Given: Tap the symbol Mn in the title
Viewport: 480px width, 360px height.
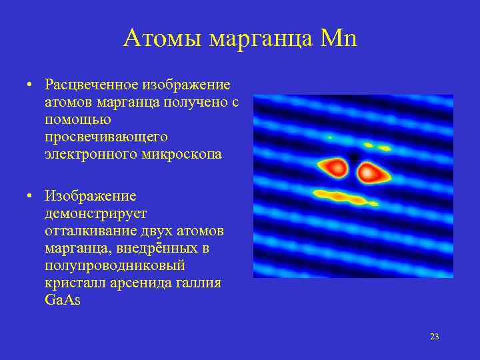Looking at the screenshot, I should [x=339, y=38].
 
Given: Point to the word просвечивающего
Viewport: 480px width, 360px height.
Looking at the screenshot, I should [x=105, y=137].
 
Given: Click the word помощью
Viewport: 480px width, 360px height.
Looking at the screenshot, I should [x=77, y=120].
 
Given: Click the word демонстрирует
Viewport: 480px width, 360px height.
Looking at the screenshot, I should [x=95, y=214].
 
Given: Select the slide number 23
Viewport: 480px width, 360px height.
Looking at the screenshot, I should [x=434, y=336].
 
